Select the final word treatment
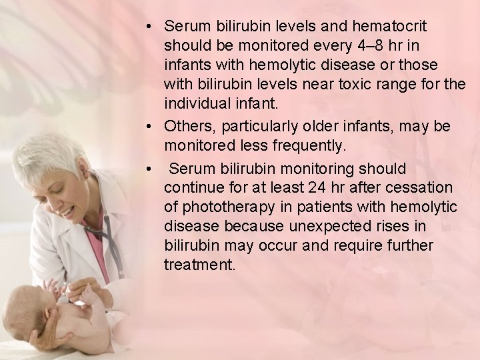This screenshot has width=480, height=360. (x=199, y=265)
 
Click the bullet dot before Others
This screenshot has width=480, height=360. (x=152, y=126)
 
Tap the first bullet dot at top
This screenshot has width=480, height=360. (x=152, y=27)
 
